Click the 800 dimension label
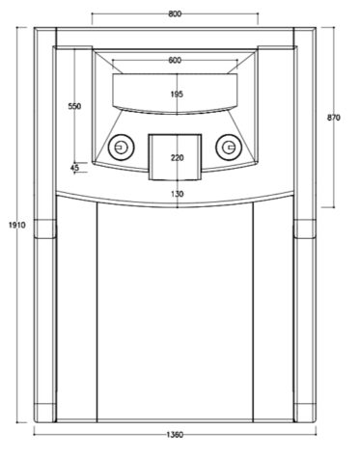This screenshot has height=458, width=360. [x=175, y=13]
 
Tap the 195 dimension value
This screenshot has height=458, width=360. [x=177, y=94]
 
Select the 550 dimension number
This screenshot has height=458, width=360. [x=74, y=106]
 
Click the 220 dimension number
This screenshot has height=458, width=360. [x=178, y=158]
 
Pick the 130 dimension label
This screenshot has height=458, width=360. [x=178, y=194]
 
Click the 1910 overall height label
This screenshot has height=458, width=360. [x=16, y=225]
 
